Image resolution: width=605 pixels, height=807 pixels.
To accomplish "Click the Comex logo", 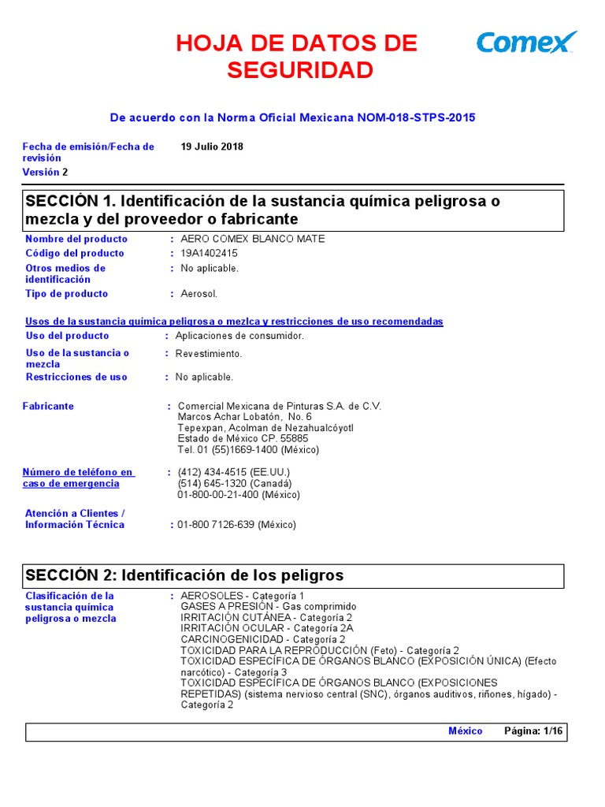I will tap(526, 42).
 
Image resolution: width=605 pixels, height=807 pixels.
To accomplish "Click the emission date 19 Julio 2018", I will tap(212, 147).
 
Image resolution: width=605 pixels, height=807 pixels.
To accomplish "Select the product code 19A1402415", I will tap(209, 253).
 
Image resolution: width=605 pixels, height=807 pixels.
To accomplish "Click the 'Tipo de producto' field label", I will tap(67, 294).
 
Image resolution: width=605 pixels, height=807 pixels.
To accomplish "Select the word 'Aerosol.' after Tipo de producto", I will tap(199, 294).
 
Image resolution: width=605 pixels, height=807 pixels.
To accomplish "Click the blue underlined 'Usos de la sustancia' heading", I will tap(234, 322).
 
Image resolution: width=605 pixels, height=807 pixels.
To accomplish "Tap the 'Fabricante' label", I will tap(48, 406).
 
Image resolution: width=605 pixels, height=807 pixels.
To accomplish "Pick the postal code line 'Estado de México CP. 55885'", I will tap(243, 439).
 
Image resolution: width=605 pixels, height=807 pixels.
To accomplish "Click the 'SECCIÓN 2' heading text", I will tap(184, 575).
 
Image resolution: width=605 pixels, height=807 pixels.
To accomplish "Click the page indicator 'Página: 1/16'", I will tap(533, 731).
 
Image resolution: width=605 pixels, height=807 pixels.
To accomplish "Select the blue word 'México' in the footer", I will tap(465, 731).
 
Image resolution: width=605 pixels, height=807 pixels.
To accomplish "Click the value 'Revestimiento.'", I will tap(209, 353).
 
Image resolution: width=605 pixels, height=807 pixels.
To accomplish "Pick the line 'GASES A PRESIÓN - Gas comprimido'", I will tap(268, 606).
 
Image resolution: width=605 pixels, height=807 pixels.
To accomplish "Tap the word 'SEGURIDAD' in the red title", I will tap(299, 71).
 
